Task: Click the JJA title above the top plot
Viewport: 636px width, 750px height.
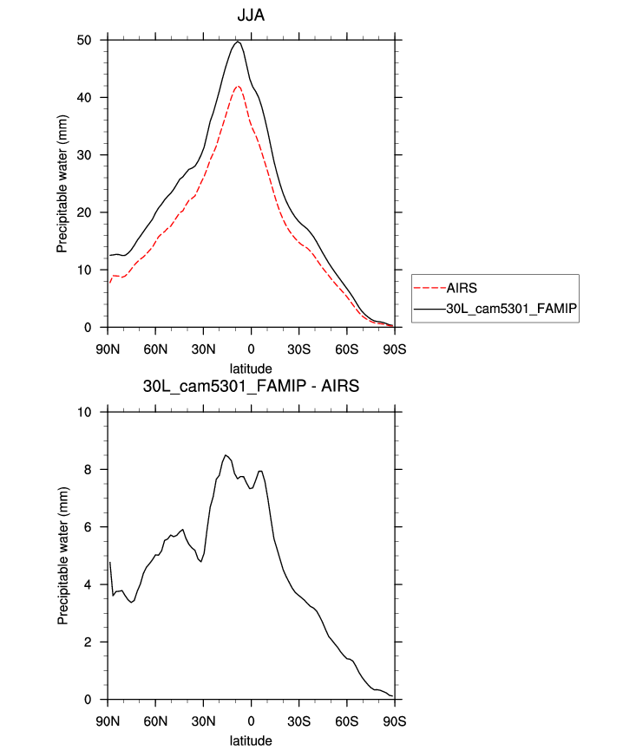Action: pos(251,16)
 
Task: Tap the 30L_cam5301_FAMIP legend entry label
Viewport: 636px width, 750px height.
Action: pos(517,308)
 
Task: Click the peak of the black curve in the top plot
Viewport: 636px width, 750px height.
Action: pos(238,42)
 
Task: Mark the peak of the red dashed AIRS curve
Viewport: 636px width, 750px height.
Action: pos(238,86)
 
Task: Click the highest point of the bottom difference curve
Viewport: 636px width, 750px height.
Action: pos(226,455)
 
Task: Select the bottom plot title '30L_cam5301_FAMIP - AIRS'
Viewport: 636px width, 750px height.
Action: pos(251,387)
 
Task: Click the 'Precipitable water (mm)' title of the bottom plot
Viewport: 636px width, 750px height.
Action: pos(62,556)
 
